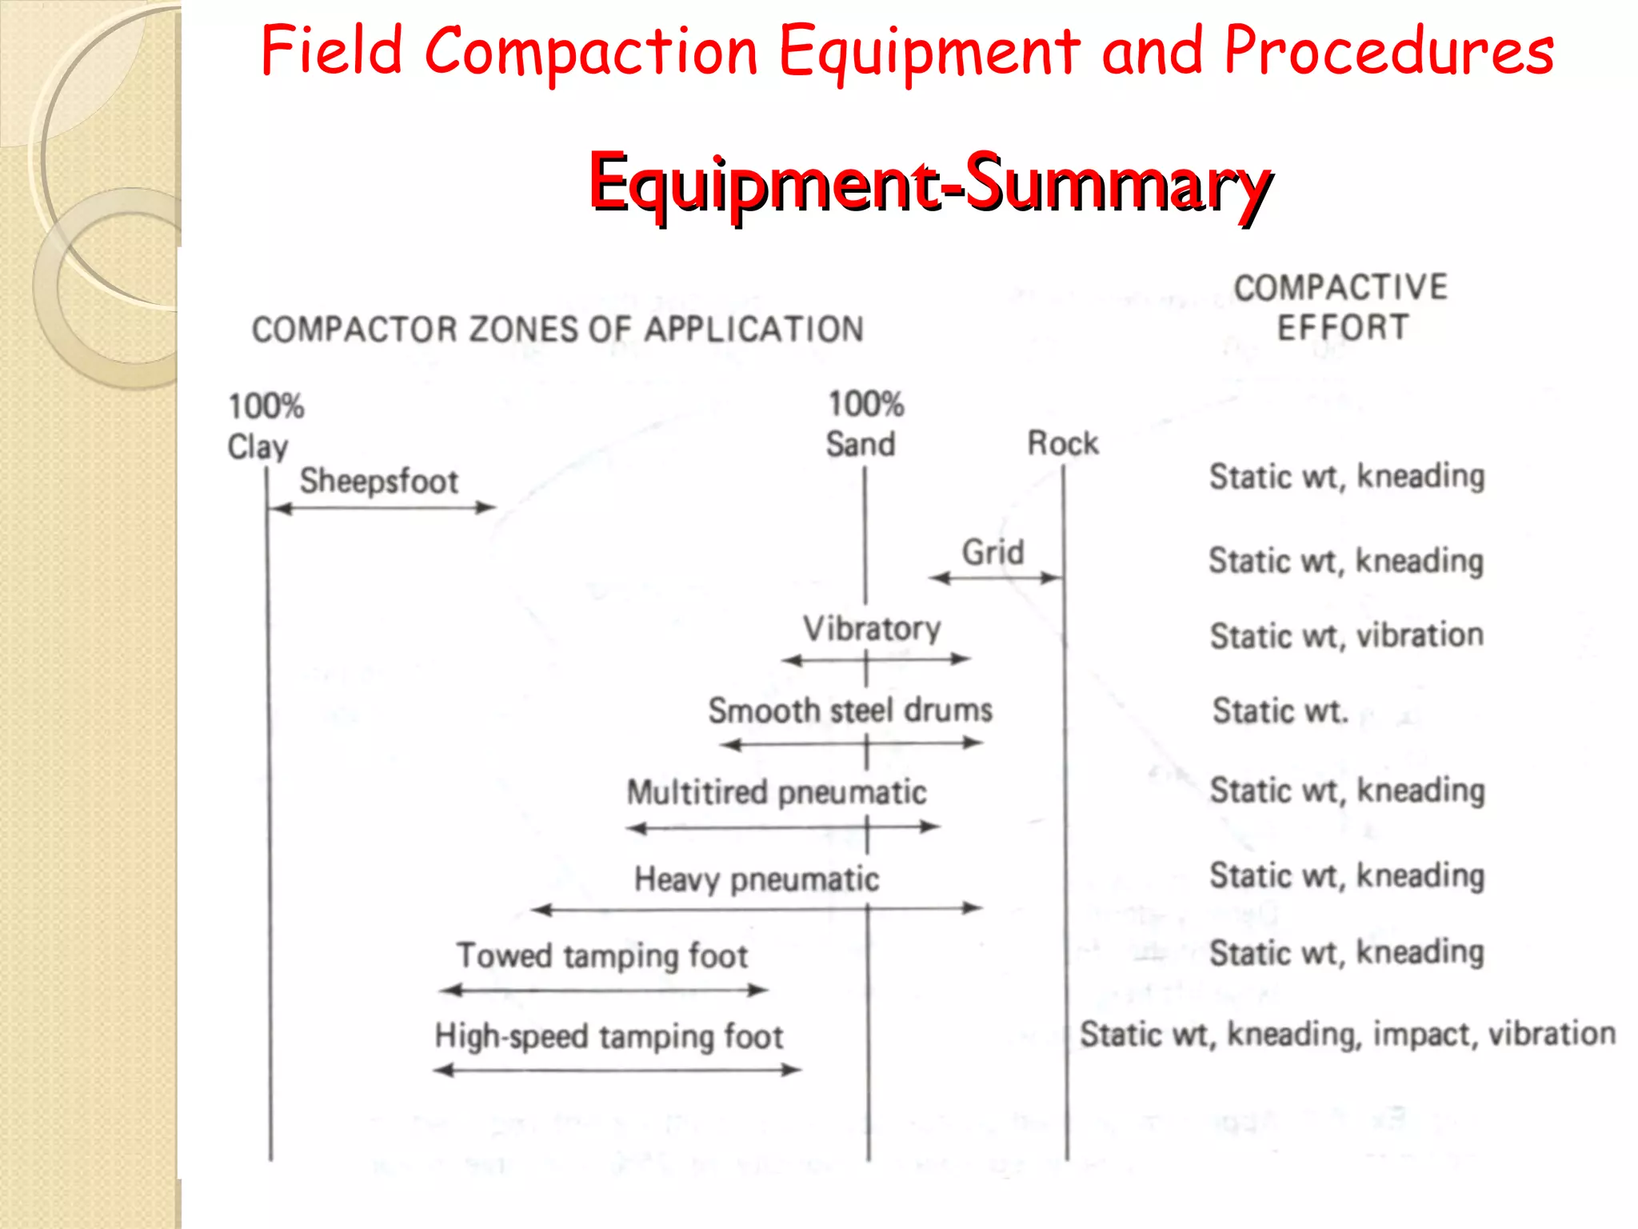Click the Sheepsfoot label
coord(378,481)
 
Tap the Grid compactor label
coord(993,552)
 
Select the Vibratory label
coord(872,628)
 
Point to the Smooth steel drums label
coord(850,711)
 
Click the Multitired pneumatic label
coord(777,792)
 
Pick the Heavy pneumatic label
coord(757,879)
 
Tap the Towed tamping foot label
coord(602,955)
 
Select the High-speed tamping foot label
coord(609,1036)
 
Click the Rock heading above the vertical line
coord(1063,443)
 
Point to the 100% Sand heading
coord(864,424)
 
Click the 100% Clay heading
coord(264,426)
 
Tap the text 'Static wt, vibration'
coord(1347,635)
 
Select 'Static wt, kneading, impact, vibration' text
coord(1348,1034)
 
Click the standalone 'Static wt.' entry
coord(1280,711)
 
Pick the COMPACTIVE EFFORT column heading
coord(1341,307)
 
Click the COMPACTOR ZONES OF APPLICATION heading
coord(557,329)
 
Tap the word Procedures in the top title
coord(1389,51)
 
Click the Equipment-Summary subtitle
coord(929,183)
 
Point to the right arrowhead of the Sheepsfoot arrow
coord(486,507)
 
